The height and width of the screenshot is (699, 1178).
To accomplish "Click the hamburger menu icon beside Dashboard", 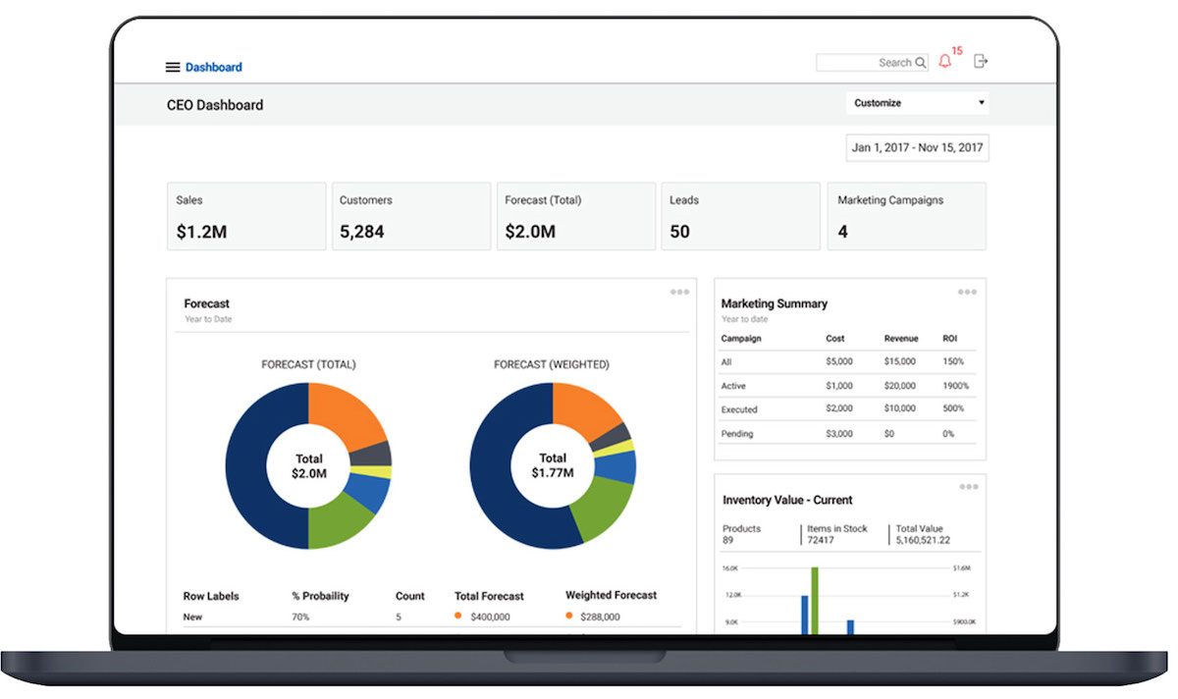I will [x=173, y=68].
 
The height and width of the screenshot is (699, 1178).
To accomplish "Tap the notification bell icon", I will [x=944, y=62].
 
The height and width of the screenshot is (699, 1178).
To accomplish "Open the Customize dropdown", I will [x=917, y=103].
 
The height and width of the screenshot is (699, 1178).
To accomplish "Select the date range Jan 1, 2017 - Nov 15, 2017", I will [x=917, y=148].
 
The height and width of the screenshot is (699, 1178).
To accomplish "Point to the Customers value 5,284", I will [x=361, y=233].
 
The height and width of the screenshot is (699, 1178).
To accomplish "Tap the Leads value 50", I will [x=679, y=233].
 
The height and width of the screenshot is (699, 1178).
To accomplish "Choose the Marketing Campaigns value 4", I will [x=842, y=233].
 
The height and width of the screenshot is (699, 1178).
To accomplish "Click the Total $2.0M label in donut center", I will [x=308, y=466].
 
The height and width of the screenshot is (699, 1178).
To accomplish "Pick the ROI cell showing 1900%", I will [x=955, y=386].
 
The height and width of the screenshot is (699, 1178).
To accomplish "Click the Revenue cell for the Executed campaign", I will [x=899, y=409].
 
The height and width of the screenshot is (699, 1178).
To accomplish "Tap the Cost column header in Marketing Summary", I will [x=834, y=339].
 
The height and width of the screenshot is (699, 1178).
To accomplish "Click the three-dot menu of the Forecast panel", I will [x=679, y=292].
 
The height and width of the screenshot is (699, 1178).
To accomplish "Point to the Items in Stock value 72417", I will [x=823, y=540].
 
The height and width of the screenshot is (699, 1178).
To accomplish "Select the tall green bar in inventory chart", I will [x=814, y=601].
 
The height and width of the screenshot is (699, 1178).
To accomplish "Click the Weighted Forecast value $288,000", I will [x=600, y=617].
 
